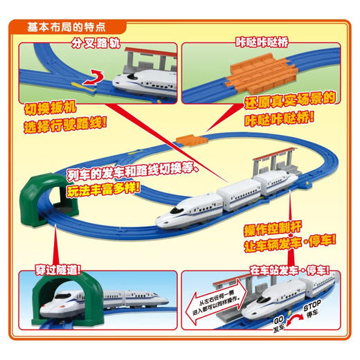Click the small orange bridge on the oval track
click(186, 140)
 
